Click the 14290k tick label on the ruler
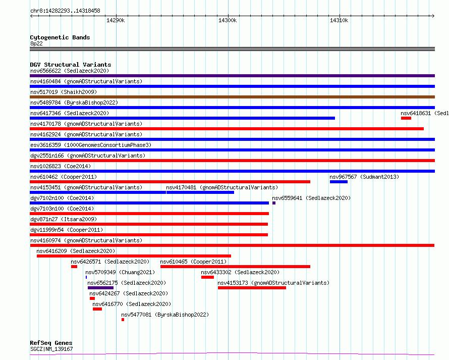point(116,20)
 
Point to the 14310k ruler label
point(339,20)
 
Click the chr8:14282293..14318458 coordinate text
point(65,11)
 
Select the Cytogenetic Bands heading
point(60,37)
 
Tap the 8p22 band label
point(36,43)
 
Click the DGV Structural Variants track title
point(71,65)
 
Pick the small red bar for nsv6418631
point(406,118)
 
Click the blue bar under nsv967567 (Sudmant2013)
point(339,182)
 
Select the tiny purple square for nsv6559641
point(274,203)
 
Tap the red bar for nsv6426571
point(74,267)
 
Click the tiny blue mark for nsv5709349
point(86,277)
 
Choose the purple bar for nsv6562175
point(100,288)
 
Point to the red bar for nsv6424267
point(92,298)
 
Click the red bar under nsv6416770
point(97,309)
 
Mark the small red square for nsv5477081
point(123,320)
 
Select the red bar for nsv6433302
point(208,277)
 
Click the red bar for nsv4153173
point(252,288)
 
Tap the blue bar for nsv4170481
point(200,192)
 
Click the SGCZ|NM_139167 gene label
point(51,349)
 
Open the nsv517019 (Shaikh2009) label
point(64,92)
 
